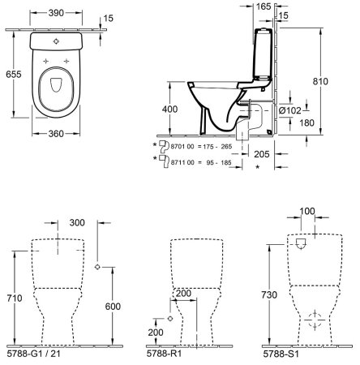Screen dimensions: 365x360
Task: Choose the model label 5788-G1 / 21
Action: click(x=41, y=354)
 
